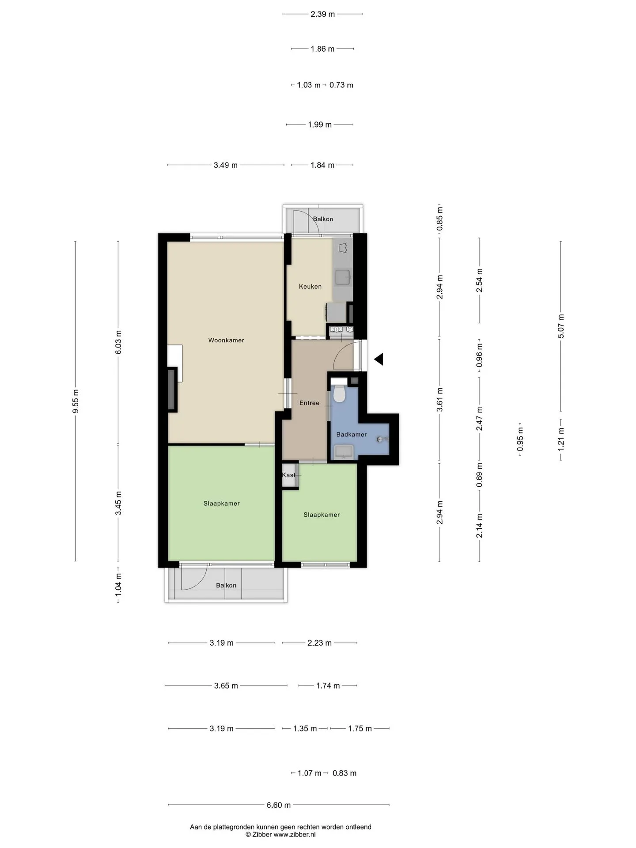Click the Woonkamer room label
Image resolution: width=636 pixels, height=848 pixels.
pos(226,340)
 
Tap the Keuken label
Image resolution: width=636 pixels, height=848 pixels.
pos(310,286)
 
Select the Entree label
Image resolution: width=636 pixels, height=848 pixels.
pos(309,403)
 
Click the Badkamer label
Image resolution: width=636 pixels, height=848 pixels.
pos(352,434)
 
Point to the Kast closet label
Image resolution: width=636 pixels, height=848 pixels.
pos(289,475)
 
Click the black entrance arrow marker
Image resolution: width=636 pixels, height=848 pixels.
pos(379,360)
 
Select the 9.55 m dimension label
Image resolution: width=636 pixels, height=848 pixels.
pos(76,401)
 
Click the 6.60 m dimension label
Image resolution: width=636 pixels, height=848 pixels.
pos(279,805)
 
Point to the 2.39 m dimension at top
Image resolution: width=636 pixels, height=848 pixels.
pos(323,14)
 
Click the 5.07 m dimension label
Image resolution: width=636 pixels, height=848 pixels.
pos(561,326)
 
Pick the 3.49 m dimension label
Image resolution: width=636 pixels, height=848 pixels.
pos(226,165)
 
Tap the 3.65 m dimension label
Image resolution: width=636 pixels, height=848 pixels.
pos(226,686)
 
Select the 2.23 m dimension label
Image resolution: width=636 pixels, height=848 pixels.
pos(319,643)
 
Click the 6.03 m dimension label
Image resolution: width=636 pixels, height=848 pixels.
pos(118,342)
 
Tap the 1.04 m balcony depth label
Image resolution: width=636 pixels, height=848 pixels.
pos(118,585)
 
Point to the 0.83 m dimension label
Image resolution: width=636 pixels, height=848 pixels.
pos(344,773)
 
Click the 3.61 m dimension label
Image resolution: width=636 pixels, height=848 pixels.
pos(439,400)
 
